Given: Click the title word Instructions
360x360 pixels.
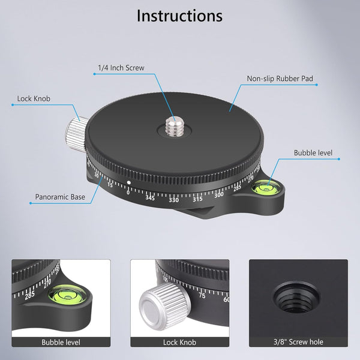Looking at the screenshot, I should coord(179,16).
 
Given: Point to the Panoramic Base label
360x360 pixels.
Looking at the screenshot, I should coord(59,196).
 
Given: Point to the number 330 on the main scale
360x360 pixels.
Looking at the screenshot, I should coord(174,200).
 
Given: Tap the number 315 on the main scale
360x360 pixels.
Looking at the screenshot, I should coord(197,199).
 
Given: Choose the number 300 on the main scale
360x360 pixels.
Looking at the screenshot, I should coord(219,193).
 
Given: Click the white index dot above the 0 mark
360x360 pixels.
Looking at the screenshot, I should coord(129,182).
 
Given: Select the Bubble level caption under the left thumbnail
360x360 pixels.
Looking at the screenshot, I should coord(61,343).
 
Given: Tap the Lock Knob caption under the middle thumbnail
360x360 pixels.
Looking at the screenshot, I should coord(179,343).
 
